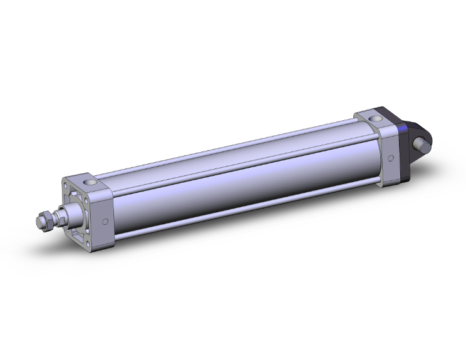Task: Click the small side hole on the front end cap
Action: tap(105, 221)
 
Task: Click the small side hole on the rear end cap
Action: tap(391, 157)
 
